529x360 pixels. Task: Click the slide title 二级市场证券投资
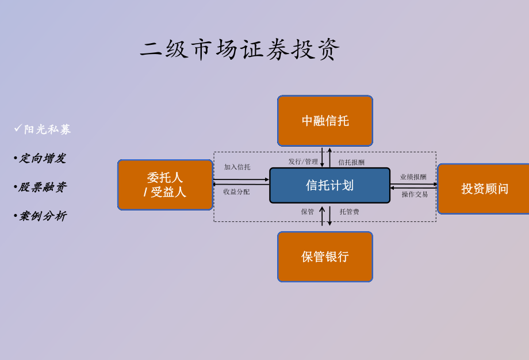(240, 49)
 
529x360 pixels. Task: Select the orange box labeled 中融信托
(325, 121)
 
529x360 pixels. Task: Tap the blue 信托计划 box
(329, 185)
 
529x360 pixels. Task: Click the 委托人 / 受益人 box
(165, 185)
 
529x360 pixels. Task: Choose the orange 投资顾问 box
(484, 189)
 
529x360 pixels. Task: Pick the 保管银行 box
(325, 256)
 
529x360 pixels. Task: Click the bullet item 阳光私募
(47, 129)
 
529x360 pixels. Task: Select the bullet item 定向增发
(43, 158)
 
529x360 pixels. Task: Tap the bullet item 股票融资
(43, 187)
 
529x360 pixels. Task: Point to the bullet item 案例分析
(43, 216)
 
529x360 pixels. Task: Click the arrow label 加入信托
(237, 167)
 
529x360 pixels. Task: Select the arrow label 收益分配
(236, 192)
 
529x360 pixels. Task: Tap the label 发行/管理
(303, 162)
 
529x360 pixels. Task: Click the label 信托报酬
(351, 162)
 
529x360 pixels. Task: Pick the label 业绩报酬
(413, 177)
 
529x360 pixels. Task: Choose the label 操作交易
(415, 194)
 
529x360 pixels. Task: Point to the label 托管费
(349, 212)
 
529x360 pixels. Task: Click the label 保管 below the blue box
(308, 212)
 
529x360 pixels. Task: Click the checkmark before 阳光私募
(18, 128)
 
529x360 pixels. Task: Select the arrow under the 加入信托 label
(241, 179)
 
